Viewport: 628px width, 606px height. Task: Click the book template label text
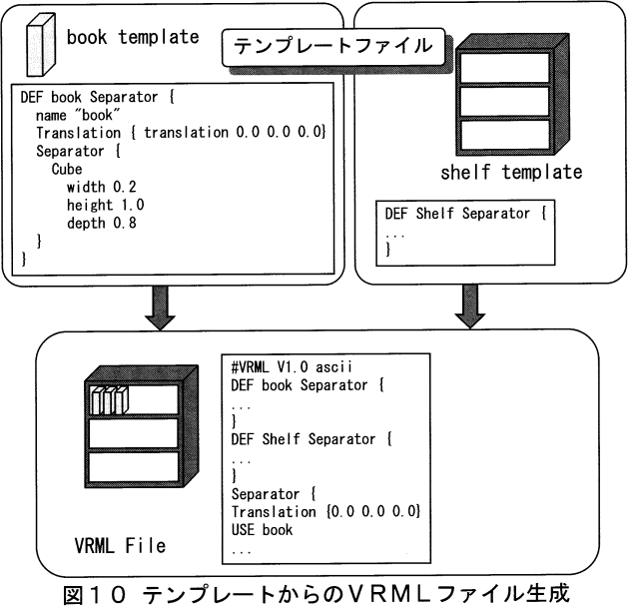[132, 37]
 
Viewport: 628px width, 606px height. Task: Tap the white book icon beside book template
[37, 44]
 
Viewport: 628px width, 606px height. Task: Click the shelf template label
[511, 171]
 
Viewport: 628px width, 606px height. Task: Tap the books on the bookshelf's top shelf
[107, 399]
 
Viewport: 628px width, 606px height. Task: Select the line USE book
[262, 529]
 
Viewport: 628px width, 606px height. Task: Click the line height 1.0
[104, 205]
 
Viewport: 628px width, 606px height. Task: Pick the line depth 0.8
[101, 223]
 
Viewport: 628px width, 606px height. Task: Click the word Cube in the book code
[67, 169]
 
